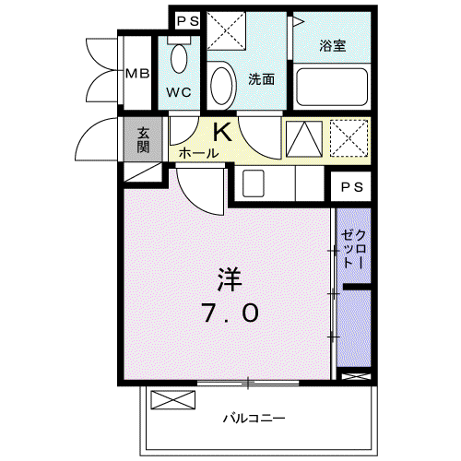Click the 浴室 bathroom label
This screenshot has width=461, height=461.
[333, 46]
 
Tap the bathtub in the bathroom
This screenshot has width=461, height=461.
[332, 87]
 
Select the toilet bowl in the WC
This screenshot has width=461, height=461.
[179, 58]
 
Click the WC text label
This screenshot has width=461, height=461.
[179, 92]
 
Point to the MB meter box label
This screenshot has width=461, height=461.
[137, 74]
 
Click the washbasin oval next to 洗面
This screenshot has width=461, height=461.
[221, 86]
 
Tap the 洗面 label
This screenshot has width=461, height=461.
[262, 79]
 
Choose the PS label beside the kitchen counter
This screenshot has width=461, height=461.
[352, 187]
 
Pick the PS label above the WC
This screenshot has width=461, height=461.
[188, 21]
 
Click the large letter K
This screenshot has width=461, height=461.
[222, 132]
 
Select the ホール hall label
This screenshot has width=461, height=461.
[198, 153]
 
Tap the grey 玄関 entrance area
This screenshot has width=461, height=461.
[143, 139]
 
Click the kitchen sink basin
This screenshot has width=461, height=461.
[254, 183]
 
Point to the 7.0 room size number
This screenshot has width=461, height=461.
[230, 313]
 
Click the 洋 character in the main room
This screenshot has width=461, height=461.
[230, 279]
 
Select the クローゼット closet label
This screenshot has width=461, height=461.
[353, 249]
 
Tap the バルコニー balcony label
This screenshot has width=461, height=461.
[254, 419]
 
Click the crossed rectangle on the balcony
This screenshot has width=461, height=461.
[173, 400]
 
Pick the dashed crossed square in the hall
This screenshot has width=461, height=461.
[349, 138]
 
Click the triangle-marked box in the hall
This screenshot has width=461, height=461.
[304, 139]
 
